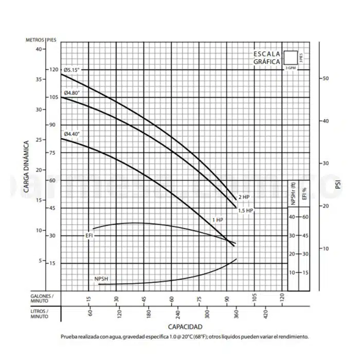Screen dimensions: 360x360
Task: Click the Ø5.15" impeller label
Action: pyautogui.click(x=73, y=69)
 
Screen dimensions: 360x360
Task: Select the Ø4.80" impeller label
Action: pyautogui.click(x=73, y=93)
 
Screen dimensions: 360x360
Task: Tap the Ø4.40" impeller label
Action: pyautogui.click(x=73, y=134)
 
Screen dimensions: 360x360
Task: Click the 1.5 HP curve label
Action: pyautogui.click(x=246, y=210)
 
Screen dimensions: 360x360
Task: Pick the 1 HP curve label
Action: pyautogui.click(x=218, y=220)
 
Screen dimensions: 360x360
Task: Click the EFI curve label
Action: pyautogui.click(x=89, y=235)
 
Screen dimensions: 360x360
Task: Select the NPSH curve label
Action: pyautogui.click(x=101, y=279)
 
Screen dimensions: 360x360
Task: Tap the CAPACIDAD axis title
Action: pyautogui.click(x=185, y=327)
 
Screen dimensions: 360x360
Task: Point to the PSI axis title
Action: pyautogui.click(x=337, y=184)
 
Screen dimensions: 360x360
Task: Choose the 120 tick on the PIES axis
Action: pyautogui.click(x=54, y=69)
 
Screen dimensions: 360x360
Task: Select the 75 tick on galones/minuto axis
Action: pyautogui.click(x=199, y=298)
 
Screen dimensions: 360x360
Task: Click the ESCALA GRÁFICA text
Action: pyautogui.click(x=267, y=58)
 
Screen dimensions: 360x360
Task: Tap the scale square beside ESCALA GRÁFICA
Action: pyautogui.click(x=291, y=58)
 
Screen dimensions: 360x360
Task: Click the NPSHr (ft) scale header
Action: pyautogui.click(x=293, y=195)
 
